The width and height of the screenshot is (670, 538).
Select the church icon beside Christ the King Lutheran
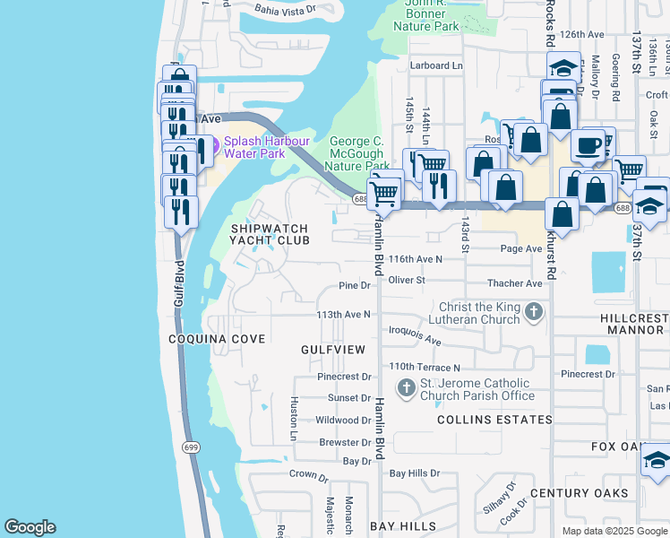click(x=534, y=312)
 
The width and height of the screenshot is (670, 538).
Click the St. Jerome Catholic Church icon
click(x=407, y=388)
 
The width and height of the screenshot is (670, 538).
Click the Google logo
click(x=30, y=527)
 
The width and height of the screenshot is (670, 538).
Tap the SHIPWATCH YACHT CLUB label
click(x=270, y=235)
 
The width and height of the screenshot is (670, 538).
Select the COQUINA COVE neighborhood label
click(x=217, y=339)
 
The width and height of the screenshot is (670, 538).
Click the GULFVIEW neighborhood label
click(x=333, y=348)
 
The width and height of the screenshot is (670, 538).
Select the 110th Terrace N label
click(x=425, y=368)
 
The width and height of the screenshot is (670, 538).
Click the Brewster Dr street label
click(x=345, y=442)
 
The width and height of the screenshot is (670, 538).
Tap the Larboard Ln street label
click(x=436, y=65)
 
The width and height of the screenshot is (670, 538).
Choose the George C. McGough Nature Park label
click(x=359, y=153)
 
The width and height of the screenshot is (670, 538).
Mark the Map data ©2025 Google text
click(x=614, y=531)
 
